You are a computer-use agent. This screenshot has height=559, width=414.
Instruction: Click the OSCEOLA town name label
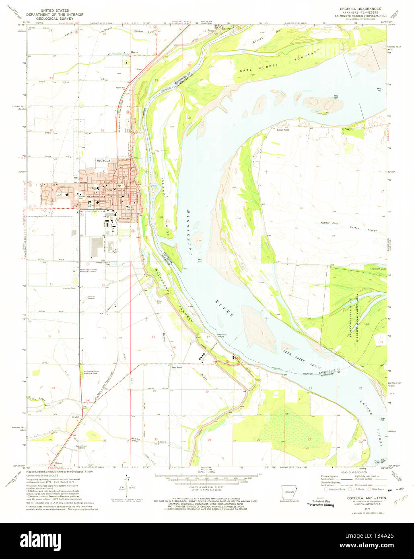103,160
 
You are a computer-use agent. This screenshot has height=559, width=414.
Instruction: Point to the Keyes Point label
283,129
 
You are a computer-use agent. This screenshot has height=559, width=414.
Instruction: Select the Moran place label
134,52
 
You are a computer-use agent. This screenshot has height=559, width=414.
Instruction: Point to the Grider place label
75,417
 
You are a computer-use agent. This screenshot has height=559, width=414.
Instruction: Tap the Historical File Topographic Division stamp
320,503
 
